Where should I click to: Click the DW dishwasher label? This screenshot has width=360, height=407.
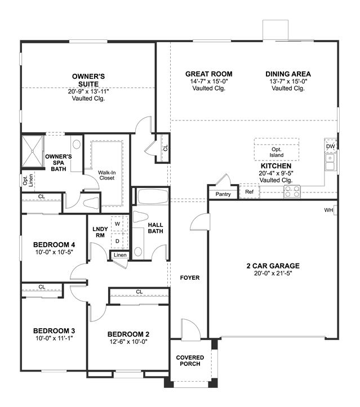330,146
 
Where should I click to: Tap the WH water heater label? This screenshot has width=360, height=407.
328,210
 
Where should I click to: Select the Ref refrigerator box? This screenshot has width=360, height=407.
250,191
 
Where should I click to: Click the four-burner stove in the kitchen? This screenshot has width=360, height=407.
292,191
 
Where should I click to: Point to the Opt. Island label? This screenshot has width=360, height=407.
277,153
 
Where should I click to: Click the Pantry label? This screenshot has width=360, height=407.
223,194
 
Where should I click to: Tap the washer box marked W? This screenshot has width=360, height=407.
119,223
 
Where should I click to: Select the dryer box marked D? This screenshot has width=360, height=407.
119,241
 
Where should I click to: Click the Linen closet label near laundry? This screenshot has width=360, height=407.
120,255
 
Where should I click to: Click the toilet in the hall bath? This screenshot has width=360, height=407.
140,217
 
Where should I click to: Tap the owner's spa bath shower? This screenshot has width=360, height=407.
33,151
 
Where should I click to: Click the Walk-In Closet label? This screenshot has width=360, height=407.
106,175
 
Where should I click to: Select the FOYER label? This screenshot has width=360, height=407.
190,278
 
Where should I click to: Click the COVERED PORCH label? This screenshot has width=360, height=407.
190,361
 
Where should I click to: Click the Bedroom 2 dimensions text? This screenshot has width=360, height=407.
128,342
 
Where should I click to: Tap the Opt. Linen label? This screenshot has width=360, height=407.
28,180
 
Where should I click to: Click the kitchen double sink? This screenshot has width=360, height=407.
330,162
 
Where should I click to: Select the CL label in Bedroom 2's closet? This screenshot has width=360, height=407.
139,292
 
